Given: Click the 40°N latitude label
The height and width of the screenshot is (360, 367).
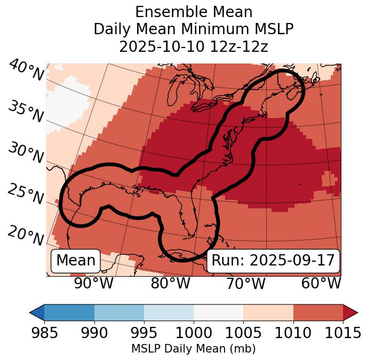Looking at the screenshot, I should click(26, 70).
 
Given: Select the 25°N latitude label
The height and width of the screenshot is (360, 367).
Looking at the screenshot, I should click(26, 194).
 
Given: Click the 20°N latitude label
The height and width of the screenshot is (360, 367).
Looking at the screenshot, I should click(26, 235).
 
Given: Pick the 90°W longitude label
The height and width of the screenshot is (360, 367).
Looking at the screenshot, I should click(93, 283).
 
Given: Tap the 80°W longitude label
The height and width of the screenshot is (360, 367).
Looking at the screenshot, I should click(171, 283).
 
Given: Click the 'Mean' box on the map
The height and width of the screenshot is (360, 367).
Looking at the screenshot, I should click(76, 261).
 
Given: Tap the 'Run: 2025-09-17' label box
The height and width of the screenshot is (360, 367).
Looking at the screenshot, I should click(273, 261).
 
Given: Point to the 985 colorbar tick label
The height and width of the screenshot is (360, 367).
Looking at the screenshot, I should click(44, 333).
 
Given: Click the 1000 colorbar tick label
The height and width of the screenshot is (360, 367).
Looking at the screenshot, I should click(194, 333).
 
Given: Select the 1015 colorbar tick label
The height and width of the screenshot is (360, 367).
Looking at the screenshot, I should click(342, 333).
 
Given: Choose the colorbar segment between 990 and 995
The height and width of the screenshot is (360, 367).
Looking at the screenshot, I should click(119, 312).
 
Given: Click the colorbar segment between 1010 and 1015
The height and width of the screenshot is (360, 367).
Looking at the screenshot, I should click(318, 312).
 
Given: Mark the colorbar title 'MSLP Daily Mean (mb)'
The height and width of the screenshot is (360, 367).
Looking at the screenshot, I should click(193, 349).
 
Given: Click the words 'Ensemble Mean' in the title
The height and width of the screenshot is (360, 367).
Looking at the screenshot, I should click(194, 12).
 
